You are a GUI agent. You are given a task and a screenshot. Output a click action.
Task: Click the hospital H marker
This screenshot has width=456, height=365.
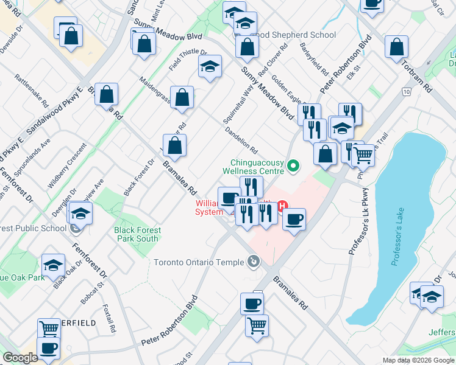(282, 206)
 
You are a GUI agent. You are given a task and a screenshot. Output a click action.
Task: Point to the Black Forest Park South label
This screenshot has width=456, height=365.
(138, 234)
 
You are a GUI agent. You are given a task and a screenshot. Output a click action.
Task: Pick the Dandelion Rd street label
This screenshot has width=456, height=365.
(241, 140)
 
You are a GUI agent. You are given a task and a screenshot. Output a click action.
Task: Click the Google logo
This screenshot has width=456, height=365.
(20, 358)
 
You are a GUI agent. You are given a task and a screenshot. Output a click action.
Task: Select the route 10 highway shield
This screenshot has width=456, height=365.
(407, 92)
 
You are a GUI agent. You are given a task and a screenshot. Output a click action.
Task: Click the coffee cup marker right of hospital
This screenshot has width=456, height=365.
(293, 219)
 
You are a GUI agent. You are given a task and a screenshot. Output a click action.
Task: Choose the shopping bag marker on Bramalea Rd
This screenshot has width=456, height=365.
(174, 145)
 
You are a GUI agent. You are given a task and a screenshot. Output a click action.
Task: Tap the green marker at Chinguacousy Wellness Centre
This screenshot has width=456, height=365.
(293, 165)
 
